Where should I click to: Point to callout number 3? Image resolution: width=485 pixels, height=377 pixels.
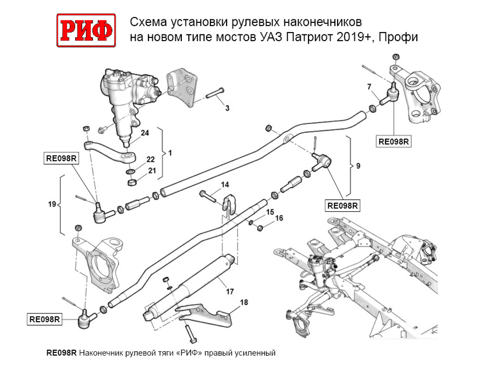point(227,108)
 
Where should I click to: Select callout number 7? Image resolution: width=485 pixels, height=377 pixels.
point(369,87)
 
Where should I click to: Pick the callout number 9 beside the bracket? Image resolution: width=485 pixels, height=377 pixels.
point(358,166)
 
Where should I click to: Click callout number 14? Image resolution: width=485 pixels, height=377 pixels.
point(225,185)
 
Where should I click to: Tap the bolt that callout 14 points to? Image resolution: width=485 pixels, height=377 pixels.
point(207,196)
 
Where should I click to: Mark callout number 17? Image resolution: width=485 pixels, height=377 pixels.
point(230,292)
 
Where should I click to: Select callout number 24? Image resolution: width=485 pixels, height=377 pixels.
point(144,133)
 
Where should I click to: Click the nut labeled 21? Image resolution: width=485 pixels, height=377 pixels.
point(131,182)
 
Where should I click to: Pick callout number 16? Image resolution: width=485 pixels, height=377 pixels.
point(279,219)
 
